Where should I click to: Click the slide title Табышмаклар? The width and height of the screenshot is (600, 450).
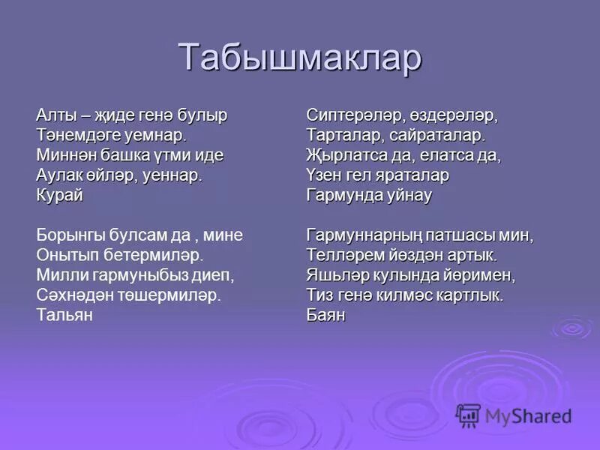point(300,58)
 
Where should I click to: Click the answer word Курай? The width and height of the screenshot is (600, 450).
point(59,195)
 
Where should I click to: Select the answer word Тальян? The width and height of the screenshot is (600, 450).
point(64,315)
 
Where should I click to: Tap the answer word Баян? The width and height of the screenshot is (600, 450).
point(325,315)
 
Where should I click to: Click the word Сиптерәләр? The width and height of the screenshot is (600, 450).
point(355,116)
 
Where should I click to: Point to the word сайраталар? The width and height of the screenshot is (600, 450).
point(442,136)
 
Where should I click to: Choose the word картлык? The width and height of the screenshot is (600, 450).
point(469,295)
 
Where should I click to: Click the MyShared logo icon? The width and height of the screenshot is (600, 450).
point(468,415)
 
